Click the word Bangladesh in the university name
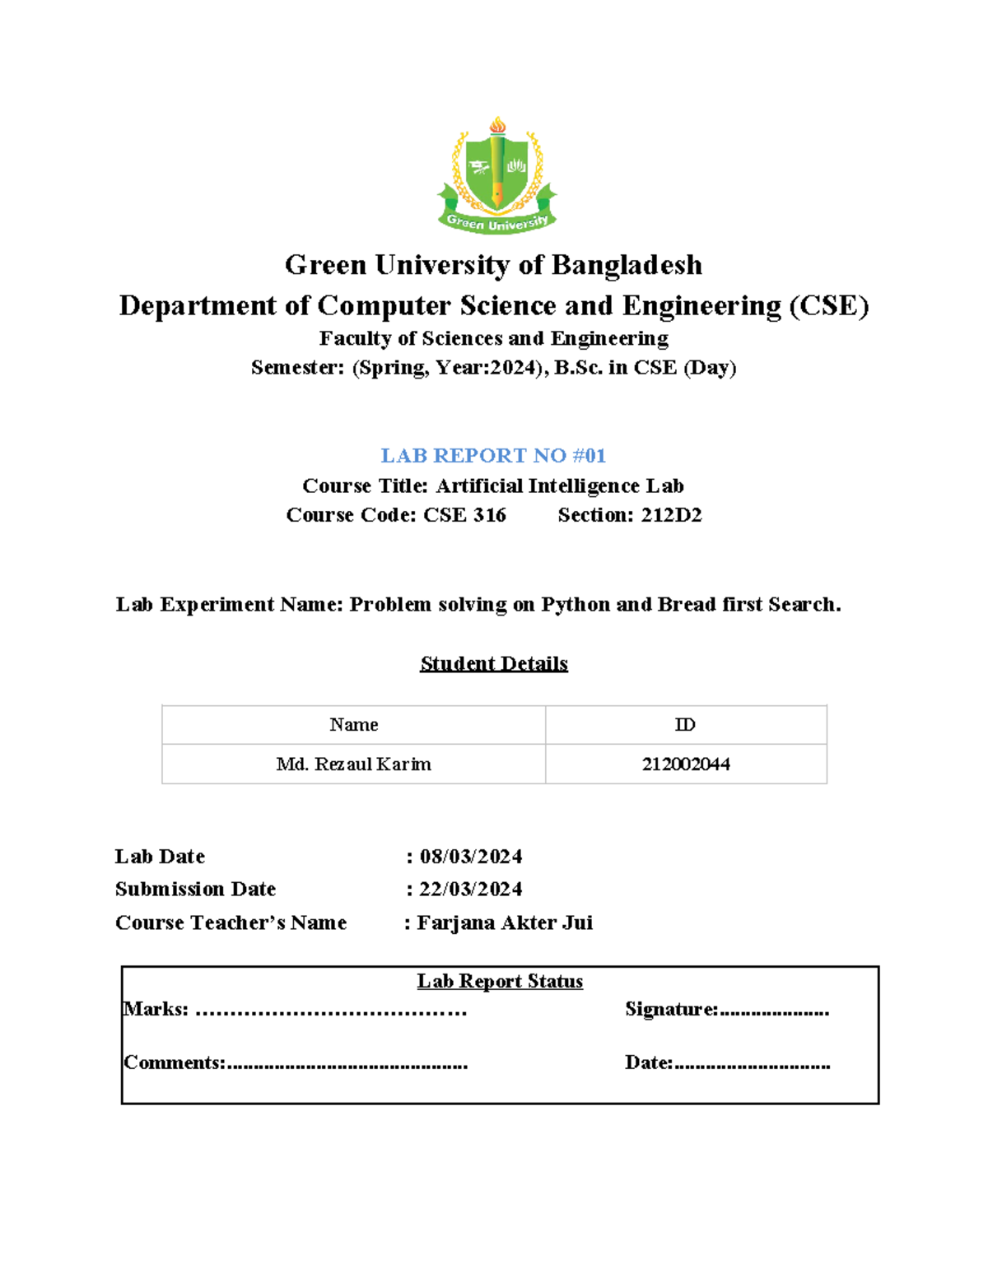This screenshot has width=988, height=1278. [x=627, y=265]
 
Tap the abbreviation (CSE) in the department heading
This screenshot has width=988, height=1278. [x=828, y=306]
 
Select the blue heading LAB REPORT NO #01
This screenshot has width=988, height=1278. [x=493, y=456]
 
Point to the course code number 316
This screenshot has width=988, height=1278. [x=490, y=515]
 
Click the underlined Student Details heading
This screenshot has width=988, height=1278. [x=494, y=663]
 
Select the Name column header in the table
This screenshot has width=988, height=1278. [x=354, y=725]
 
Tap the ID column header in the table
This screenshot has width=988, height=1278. [x=685, y=725]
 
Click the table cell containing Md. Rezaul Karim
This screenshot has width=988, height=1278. [x=354, y=764]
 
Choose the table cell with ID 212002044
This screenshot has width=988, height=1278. [x=686, y=764]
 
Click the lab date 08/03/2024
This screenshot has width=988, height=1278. [x=471, y=857]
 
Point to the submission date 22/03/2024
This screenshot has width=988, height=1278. [x=471, y=890]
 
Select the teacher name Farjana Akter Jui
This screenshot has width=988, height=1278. [x=505, y=923]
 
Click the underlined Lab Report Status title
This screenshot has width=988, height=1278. [x=500, y=982]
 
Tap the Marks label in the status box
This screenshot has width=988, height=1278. [x=156, y=1010]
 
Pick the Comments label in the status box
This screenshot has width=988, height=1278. [x=175, y=1063]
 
